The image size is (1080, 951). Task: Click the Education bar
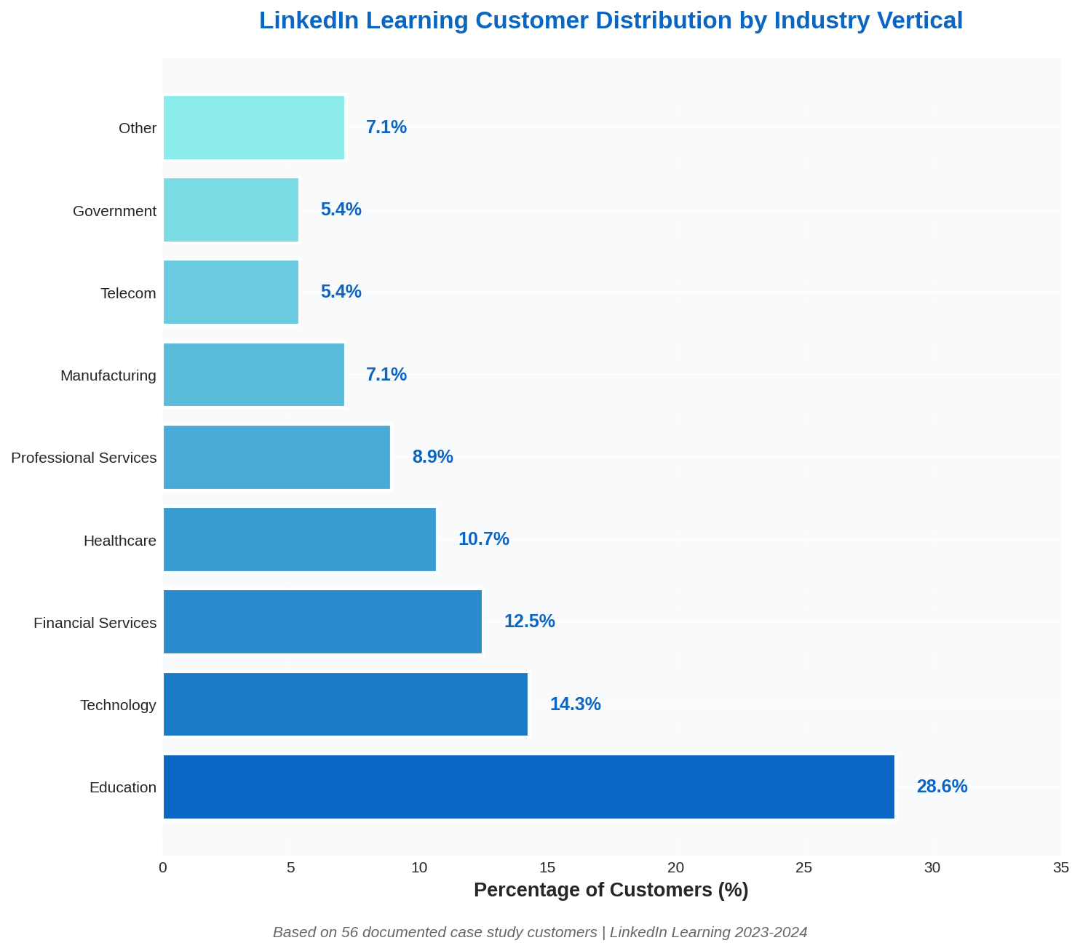tap(528, 787)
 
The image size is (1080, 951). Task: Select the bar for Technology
tap(345, 704)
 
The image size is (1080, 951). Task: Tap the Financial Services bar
tap(322, 621)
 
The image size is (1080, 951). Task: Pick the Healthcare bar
tap(299, 539)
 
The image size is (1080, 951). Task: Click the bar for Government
tap(231, 210)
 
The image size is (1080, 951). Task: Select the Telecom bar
tap(231, 292)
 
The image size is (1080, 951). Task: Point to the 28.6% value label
tap(942, 787)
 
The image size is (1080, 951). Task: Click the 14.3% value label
tap(575, 704)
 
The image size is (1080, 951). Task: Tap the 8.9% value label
tap(432, 457)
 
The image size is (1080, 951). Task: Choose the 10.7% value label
tap(483, 539)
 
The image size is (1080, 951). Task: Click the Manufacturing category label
tap(108, 375)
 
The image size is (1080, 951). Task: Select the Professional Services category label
tap(84, 458)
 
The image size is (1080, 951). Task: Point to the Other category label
tap(138, 128)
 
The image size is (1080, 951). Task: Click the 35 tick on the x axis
tap(1060, 867)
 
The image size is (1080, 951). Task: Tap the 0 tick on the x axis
tap(163, 867)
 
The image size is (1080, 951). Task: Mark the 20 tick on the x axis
tap(676, 867)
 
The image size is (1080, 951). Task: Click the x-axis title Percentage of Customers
tap(611, 890)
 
